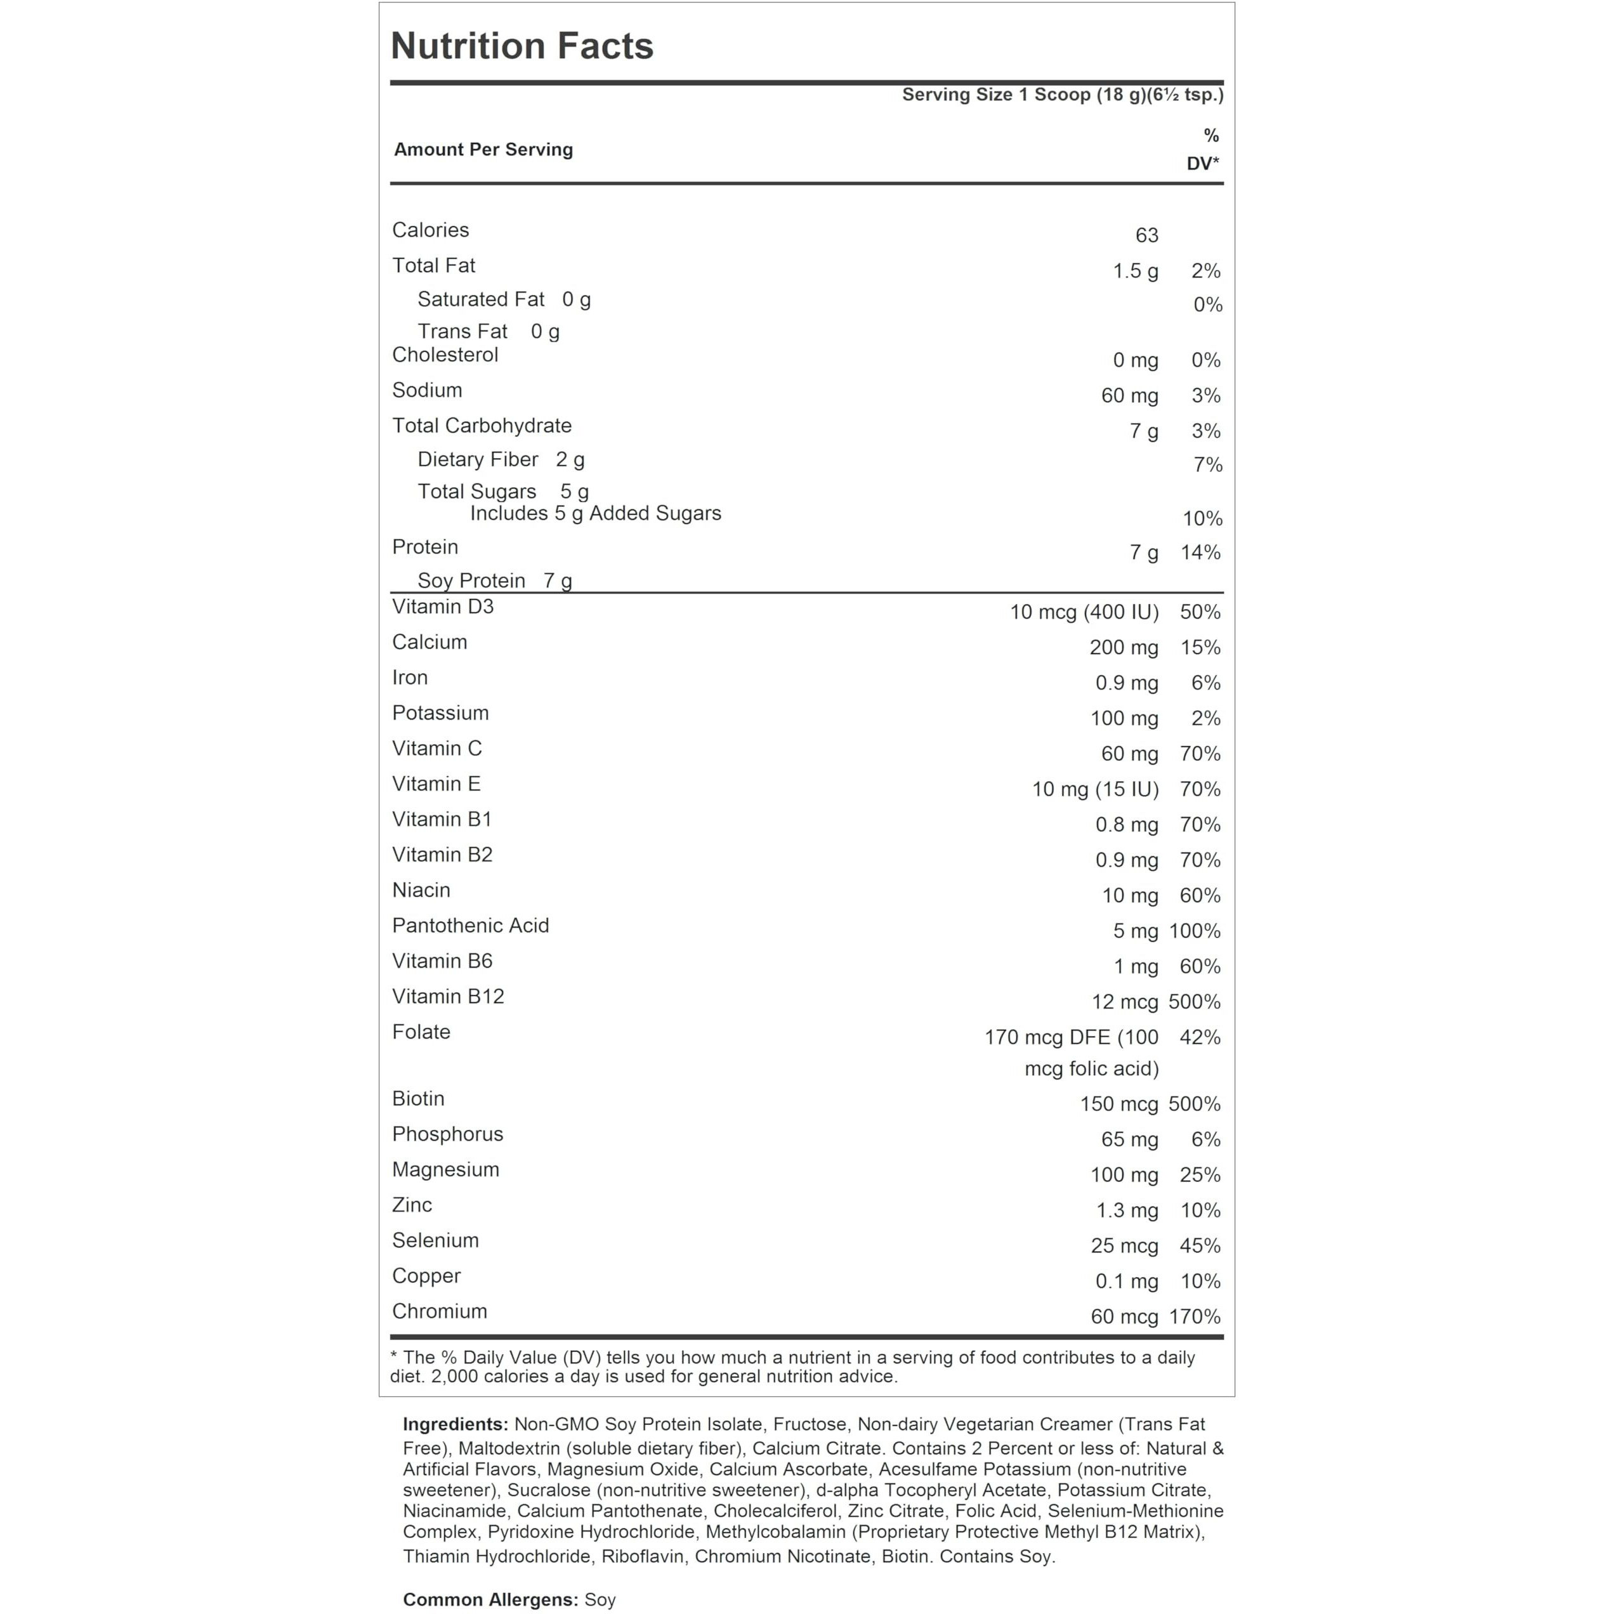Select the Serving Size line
(1062, 95)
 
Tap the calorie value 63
(1146, 235)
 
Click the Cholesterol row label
(445, 355)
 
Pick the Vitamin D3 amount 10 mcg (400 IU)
(1084, 612)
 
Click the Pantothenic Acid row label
(470, 926)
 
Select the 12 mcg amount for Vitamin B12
(1124, 1002)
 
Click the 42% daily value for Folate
(1200, 1037)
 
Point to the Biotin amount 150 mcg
(1118, 1105)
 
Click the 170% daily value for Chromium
(1194, 1318)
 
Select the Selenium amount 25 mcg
(1124, 1247)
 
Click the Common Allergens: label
(490, 1600)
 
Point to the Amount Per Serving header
(483, 150)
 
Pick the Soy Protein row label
(471, 581)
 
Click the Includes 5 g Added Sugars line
(595, 514)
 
